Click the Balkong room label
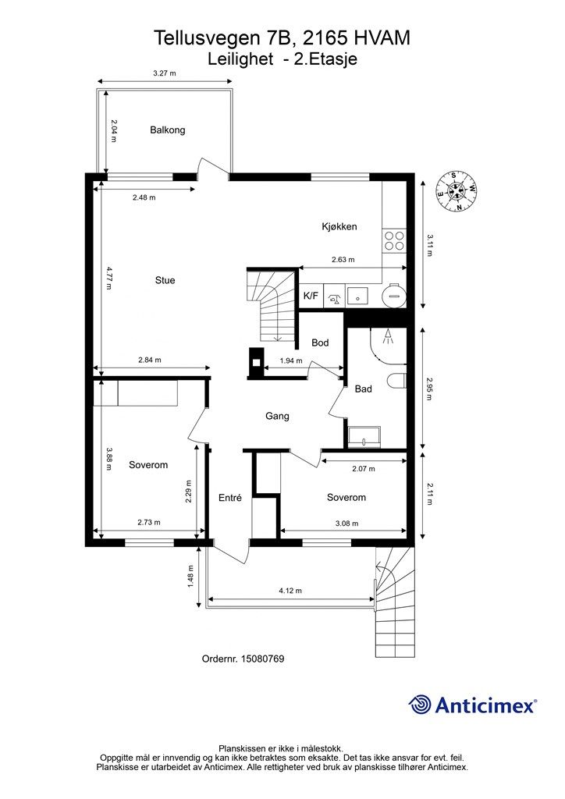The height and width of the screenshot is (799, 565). coord(168,130)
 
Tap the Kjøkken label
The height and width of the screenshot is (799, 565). coord(339,227)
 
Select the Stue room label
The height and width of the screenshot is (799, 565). coord(165,281)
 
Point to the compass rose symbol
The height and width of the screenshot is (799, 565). coord(457,191)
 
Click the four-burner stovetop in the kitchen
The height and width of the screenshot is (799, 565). coord(394,240)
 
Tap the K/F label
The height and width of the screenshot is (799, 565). coord(311,297)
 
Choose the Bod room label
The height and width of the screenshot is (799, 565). coord(320,343)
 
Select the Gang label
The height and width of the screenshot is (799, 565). coord(277,416)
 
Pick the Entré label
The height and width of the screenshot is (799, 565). coord(230,498)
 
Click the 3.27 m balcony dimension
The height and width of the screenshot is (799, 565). coord(165,73)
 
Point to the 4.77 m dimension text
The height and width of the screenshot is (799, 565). coord(110,278)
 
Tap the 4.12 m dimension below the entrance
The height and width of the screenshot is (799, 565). coord(290,591)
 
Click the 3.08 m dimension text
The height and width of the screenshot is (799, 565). coord(346,524)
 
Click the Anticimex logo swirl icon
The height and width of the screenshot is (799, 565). coord(421,705)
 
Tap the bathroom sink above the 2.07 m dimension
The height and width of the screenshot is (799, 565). coord(364,437)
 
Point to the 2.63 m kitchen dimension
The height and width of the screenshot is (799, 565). coord(343,260)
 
